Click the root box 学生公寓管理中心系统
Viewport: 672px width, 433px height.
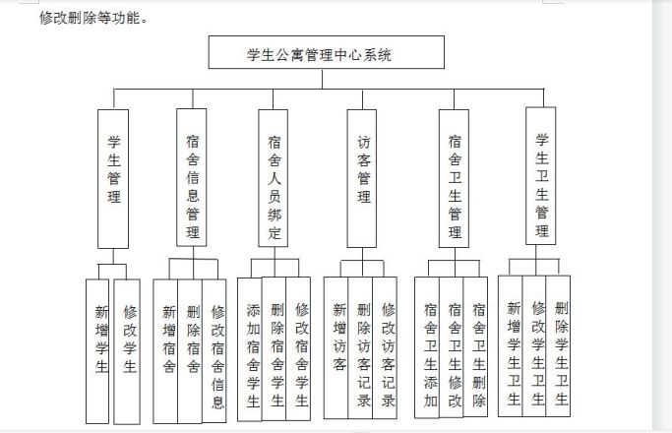tap(326, 52)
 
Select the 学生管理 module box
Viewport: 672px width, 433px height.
tap(113, 179)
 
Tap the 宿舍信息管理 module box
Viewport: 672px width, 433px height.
tap(192, 177)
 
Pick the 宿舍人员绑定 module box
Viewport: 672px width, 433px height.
tap(273, 178)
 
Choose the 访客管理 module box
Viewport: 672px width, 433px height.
tap(362, 178)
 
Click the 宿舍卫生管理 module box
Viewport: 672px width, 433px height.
tap(454, 178)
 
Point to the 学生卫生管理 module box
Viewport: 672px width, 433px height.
tap(541, 176)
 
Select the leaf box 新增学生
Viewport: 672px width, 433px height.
tap(97, 351)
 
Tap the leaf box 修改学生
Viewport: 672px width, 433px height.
tap(127, 351)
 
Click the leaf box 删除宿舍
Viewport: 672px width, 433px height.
tap(190, 351)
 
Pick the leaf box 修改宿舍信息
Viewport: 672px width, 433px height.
tap(214, 351)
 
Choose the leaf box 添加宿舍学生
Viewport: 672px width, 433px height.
tap(250, 349)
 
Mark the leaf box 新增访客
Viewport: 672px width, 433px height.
tap(336, 347)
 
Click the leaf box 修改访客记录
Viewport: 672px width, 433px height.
tap(385, 347)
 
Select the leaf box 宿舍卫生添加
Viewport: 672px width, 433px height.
tap(427, 347)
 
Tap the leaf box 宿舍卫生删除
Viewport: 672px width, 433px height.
tap(475, 347)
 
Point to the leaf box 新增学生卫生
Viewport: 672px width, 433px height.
tap(511, 346)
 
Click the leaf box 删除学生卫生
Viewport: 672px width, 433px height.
tap(559, 346)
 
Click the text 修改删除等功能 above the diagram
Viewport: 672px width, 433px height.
tap(90, 18)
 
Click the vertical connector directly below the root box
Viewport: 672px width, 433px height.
tap(323, 79)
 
